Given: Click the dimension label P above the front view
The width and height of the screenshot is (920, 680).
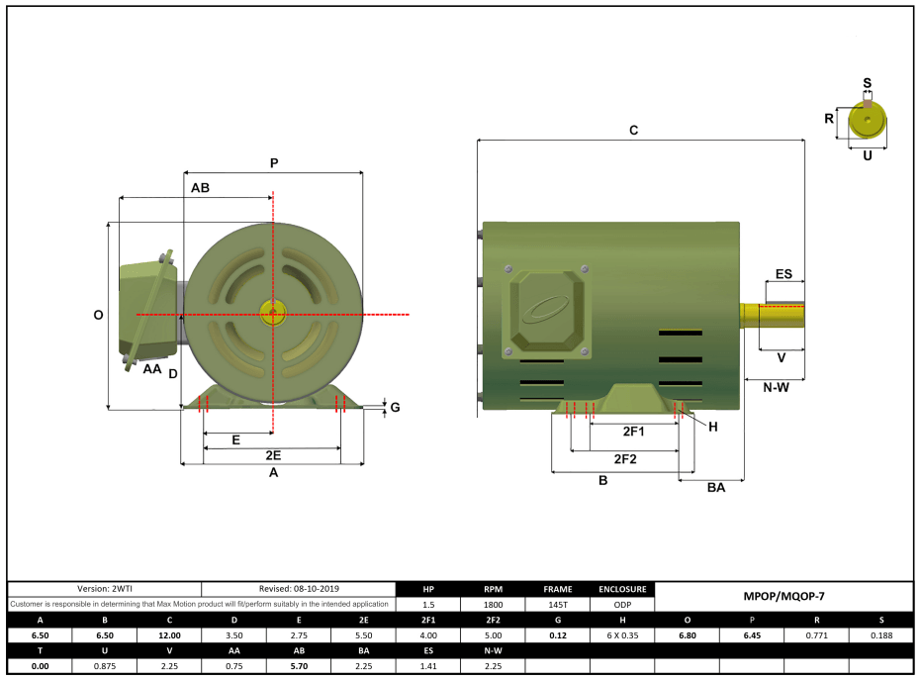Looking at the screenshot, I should pyautogui.click(x=274, y=162).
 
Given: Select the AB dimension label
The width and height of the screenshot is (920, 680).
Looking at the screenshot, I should pyautogui.click(x=200, y=186).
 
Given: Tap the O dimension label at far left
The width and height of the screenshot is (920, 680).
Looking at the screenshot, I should pyautogui.click(x=98, y=315).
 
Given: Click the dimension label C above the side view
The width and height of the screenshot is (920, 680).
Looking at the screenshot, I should pyautogui.click(x=633, y=130).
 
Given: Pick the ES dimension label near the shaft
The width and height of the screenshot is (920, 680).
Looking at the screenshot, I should pyautogui.click(x=782, y=273).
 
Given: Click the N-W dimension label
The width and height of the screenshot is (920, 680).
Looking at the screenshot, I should pyautogui.click(x=776, y=387).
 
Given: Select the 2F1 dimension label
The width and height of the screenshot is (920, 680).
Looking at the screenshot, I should pyautogui.click(x=633, y=432).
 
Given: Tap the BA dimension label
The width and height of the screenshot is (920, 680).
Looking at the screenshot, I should pyautogui.click(x=716, y=487).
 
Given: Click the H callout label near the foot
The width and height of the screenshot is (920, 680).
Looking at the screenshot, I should pyautogui.click(x=712, y=426).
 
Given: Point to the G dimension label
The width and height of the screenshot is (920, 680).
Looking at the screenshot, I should pyautogui.click(x=395, y=407).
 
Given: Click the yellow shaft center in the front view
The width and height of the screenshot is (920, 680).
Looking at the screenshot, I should pyautogui.click(x=271, y=314).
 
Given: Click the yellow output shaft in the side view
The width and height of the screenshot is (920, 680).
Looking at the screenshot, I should pyautogui.click(x=772, y=314).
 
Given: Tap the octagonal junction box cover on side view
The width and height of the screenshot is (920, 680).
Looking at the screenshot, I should pyautogui.click(x=546, y=312).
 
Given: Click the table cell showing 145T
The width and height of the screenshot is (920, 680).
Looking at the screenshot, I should pyautogui.click(x=558, y=604).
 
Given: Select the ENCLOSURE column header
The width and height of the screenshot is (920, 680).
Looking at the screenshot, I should pyautogui.click(x=623, y=588).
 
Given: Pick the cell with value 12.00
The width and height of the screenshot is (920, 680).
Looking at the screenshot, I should pyautogui.click(x=169, y=635).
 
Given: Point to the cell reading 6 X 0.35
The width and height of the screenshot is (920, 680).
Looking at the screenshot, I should pyautogui.click(x=623, y=635).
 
